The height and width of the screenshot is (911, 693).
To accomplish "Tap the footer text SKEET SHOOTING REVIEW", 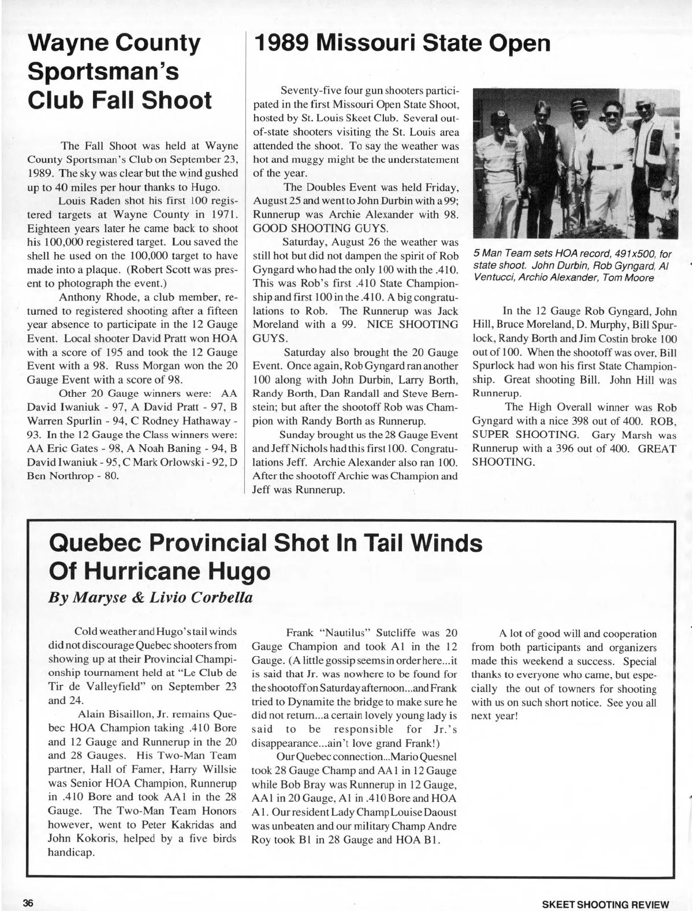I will click(x=605, y=905).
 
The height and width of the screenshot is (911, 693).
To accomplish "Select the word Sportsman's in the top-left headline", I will click(x=103, y=72).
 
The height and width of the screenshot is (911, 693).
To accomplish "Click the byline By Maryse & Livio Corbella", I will click(x=150, y=597).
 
